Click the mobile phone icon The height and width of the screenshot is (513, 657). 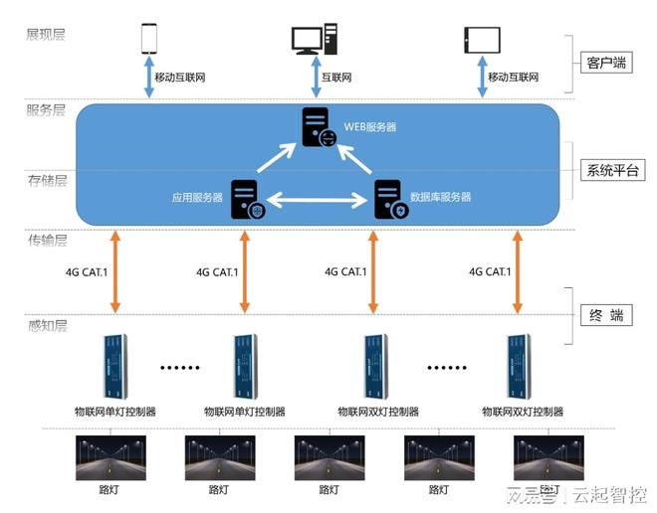pos(149,38)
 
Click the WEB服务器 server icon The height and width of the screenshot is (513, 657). pos(320,128)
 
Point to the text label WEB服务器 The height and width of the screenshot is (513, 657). pos(370,127)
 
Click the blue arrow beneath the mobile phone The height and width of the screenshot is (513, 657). pos(149,78)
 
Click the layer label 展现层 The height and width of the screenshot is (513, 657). pos(46,35)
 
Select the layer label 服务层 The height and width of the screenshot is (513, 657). pos(46,109)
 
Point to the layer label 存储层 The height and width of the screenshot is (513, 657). pos(46,180)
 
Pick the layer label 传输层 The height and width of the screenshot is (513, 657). pos(46,241)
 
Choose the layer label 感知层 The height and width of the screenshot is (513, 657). pos(46,325)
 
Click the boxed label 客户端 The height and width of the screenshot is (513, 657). pos(604,63)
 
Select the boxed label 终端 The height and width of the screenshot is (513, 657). pos(604,315)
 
